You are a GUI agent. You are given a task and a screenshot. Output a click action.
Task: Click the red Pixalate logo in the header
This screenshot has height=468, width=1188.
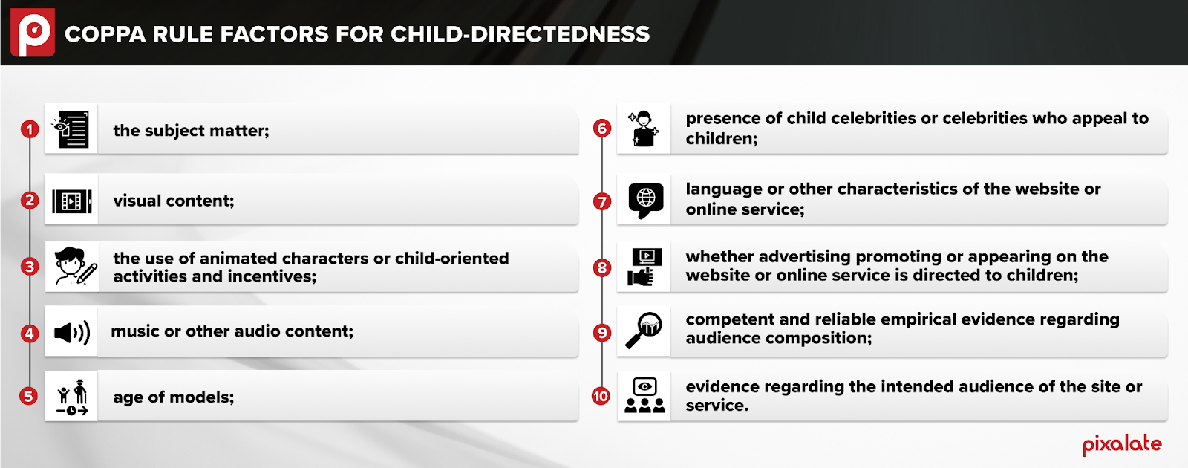33,33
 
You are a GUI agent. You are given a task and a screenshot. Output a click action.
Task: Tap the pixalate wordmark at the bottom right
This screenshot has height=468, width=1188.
1122,445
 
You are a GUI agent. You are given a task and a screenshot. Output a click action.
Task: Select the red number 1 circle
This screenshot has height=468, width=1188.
30,129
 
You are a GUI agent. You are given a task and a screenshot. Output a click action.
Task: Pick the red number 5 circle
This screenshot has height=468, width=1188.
29,396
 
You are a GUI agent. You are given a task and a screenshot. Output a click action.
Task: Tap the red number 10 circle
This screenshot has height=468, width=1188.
601,396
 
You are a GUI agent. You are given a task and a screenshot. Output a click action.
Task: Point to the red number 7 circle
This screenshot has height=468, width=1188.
602,201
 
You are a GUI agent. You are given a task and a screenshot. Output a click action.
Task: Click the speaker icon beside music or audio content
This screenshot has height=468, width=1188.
72,333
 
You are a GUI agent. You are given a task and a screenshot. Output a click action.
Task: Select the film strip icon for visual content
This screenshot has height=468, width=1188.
71,201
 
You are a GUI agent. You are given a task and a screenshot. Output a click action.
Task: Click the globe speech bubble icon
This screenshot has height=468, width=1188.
645,201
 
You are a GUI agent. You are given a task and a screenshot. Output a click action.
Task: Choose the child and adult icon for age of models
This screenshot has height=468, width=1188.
71,397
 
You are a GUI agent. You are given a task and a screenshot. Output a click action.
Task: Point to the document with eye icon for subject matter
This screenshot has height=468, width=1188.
71,129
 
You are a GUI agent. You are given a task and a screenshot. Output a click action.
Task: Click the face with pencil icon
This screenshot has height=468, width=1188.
75,267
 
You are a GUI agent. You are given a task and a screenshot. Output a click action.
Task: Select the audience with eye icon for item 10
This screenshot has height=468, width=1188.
644,395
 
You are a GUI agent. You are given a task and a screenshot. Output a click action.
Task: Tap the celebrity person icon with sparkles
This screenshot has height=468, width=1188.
643,129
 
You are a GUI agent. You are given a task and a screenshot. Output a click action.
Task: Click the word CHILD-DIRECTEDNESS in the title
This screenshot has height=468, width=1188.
520,34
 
